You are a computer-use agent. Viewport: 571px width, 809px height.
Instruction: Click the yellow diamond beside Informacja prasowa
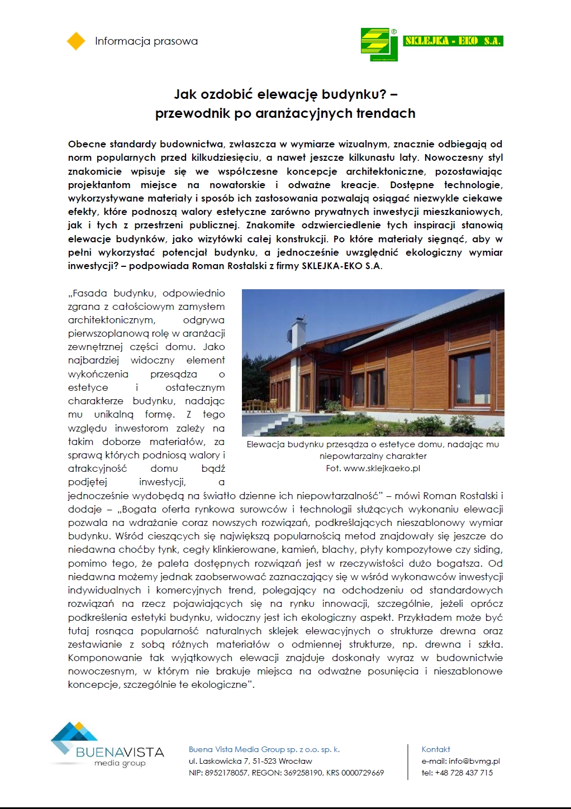pyautogui.click(x=76, y=41)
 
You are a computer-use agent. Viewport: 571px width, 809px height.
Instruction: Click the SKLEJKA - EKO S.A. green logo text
pyautogui.click(x=453, y=41)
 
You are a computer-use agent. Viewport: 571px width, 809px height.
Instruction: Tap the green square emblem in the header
pyautogui.click(x=379, y=44)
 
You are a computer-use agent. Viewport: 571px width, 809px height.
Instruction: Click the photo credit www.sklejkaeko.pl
pyautogui.click(x=382, y=468)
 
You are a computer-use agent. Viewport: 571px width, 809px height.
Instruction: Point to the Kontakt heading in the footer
pyautogui.click(x=436, y=749)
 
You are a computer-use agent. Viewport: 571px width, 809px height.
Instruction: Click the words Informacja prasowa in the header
pyautogui.click(x=146, y=41)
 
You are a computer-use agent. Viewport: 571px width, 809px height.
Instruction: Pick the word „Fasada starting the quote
pyautogui.click(x=88, y=293)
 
